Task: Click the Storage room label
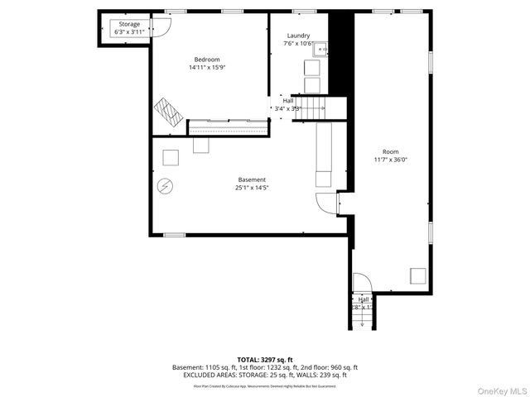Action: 129,24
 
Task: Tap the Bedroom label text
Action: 207,60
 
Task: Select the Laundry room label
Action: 298,36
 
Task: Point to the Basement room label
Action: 252,179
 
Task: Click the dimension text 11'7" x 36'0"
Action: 391,160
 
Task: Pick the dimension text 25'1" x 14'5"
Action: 252,188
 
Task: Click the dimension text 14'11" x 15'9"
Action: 207,68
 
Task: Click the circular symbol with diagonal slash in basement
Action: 166,185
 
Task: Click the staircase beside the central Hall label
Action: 311,107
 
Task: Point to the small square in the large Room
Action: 418,275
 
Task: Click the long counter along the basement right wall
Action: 324,154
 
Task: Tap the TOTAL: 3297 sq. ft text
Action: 265,360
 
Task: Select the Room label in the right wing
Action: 391,152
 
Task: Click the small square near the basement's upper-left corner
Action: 171,156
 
